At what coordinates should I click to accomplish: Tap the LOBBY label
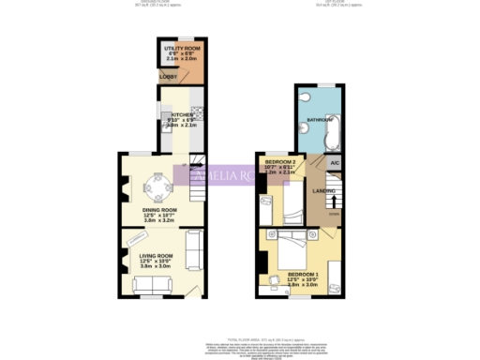[169, 76]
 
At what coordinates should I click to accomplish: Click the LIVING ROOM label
[157, 256]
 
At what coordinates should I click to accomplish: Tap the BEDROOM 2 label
[280, 163]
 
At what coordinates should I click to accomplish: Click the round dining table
[158, 182]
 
